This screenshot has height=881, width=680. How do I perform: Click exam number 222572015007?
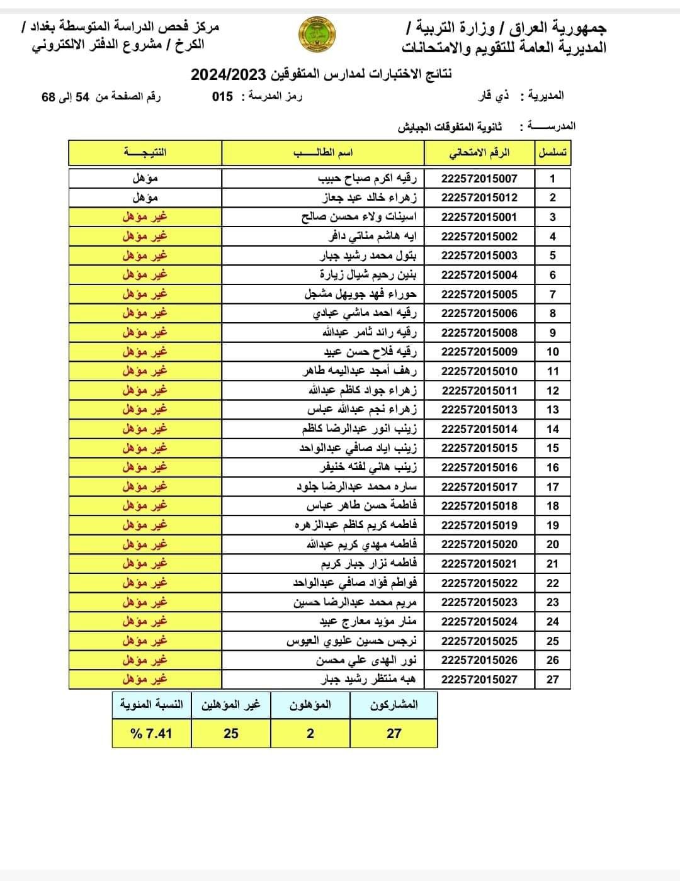click(x=479, y=179)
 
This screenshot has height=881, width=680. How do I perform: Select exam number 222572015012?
click(x=479, y=198)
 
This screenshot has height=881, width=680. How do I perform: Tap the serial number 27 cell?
click(x=552, y=680)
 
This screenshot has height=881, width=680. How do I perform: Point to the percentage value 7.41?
click(x=151, y=733)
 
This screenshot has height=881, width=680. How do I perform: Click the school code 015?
click(x=222, y=96)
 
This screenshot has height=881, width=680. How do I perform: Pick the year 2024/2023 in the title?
click(x=229, y=74)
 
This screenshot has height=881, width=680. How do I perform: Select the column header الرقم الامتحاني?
click(x=479, y=153)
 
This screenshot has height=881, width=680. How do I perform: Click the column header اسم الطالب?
click(x=323, y=153)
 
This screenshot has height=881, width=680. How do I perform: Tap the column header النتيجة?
click(x=145, y=153)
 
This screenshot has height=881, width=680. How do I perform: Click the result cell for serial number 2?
click(x=145, y=198)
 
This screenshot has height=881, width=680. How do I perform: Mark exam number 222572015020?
click(x=479, y=544)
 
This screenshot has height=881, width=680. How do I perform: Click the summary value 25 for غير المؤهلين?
click(x=231, y=733)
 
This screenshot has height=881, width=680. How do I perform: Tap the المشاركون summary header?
click(x=394, y=705)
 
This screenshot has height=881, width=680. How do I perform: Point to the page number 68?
click(x=48, y=98)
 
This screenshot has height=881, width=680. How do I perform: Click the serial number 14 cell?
click(x=552, y=429)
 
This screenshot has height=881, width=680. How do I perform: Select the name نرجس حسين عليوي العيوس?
click(x=352, y=641)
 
